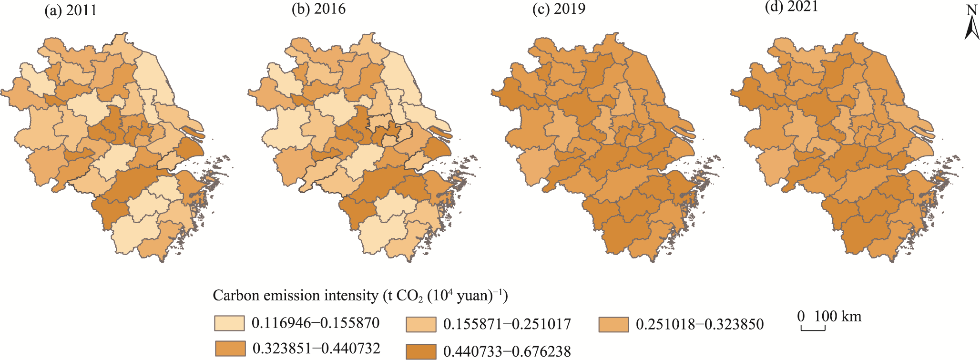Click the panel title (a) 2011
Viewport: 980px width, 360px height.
pos(71,10)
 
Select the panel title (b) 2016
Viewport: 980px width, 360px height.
pos(318,9)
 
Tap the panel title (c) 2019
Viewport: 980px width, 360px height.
pos(559,9)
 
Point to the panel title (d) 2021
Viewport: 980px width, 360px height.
pos(791,7)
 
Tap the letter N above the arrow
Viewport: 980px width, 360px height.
pos(972,10)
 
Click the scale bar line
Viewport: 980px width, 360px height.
pos(813,329)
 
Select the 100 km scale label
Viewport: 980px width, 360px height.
pos(837,317)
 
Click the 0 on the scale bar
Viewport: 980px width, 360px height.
pos(801,317)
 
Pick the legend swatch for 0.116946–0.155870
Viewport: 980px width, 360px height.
pos(229,323)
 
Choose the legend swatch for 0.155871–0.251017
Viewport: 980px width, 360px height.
pos(421,324)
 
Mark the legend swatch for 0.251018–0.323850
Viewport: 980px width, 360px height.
pos(613,324)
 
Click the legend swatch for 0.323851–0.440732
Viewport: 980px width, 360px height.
pos(230,349)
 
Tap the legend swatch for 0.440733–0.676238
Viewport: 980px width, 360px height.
pos(421,352)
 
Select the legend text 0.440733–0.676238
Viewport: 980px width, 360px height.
pos(507,352)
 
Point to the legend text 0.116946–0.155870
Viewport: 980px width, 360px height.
pos(316,323)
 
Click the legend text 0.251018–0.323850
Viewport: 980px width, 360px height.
pos(700,325)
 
